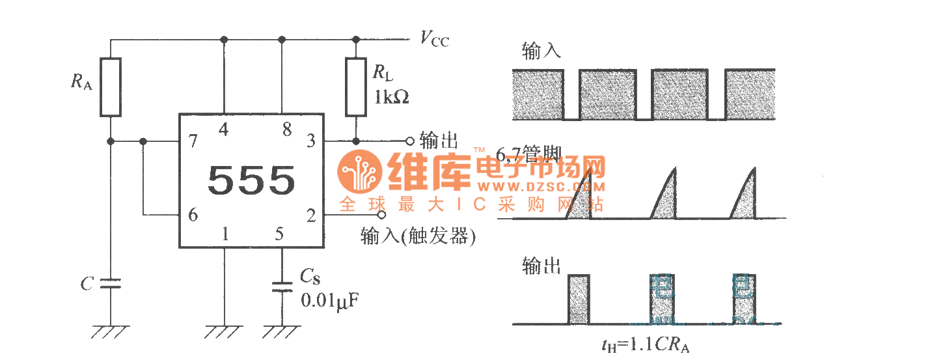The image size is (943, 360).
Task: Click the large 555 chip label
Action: pyautogui.click(x=251, y=180)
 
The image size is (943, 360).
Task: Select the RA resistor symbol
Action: pyautogui.click(x=110, y=87)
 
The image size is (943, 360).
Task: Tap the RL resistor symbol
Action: pyautogui.click(x=355, y=87)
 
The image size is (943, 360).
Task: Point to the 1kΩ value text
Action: pyautogui.click(x=391, y=98)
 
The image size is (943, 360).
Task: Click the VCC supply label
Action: pyautogui.click(x=434, y=40)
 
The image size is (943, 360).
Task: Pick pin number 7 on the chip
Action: pyautogui.click(x=193, y=141)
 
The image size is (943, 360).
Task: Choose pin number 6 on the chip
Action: pyautogui.click(x=193, y=215)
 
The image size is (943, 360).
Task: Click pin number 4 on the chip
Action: pyautogui.click(x=224, y=130)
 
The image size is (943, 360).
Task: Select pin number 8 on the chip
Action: pyautogui.click(x=287, y=130)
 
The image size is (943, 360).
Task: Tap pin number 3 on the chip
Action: pyautogui.click(x=311, y=141)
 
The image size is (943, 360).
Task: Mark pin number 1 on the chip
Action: pyautogui.click(x=225, y=234)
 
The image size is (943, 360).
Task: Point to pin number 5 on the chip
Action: pyautogui.click(x=280, y=234)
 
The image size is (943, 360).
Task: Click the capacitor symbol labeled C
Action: pyautogui.click(x=110, y=283)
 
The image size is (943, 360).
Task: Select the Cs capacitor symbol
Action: pyautogui.click(x=282, y=287)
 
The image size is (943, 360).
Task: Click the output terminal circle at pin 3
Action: pyautogui.click(x=409, y=141)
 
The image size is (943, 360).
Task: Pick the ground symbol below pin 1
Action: pyautogui.click(x=224, y=332)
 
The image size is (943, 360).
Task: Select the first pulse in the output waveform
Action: pyautogui.click(x=578, y=299)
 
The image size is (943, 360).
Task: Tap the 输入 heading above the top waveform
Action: pyautogui.click(x=541, y=52)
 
